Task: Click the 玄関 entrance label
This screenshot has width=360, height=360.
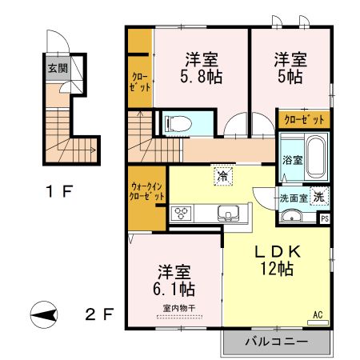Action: pyautogui.click(x=58, y=69)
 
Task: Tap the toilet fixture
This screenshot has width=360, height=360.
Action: pyautogui.click(x=178, y=124)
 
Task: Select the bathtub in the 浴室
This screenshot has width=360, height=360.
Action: pyautogui.click(x=316, y=157)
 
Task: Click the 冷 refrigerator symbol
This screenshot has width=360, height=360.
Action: pyautogui.click(x=223, y=176)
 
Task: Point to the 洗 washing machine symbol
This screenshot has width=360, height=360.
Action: pyautogui.click(x=319, y=197)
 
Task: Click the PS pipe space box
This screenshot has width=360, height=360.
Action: pyautogui.click(x=325, y=219)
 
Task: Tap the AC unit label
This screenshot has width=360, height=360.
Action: pyautogui.click(x=318, y=315)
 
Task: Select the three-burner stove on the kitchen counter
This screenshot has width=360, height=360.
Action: pyautogui.click(x=182, y=214)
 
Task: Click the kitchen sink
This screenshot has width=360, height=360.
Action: pyautogui.click(x=229, y=214)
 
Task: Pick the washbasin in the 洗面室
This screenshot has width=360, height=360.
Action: pyautogui.click(x=291, y=216)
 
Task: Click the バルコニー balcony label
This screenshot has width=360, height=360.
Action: pyautogui.click(x=277, y=342)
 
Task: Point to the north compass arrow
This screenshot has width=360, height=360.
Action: pyautogui.click(x=44, y=315)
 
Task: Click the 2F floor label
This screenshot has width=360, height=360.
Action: pyautogui.click(x=99, y=314)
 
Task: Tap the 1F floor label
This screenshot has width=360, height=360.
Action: pyautogui.click(x=59, y=191)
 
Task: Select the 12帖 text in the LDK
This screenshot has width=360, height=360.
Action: pyautogui.click(x=277, y=269)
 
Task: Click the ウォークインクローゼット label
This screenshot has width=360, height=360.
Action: pyautogui.click(x=147, y=191)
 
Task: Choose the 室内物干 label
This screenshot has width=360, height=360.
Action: pyautogui.click(x=179, y=309)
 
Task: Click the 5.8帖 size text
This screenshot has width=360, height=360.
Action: pyautogui.click(x=201, y=77)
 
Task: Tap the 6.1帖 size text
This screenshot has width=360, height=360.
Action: pyautogui.click(x=174, y=289)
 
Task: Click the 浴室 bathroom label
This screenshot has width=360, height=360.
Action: pyautogui.click(x=293, y=160)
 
